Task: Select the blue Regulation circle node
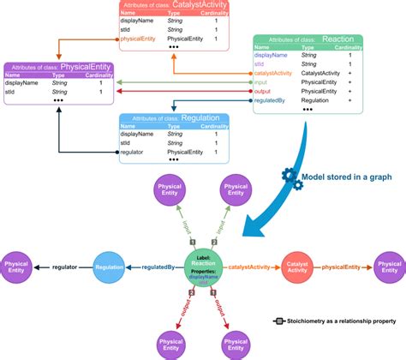point(110,268)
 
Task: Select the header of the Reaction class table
point(308,41)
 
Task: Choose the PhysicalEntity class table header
point(59,67)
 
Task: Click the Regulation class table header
point(172,118)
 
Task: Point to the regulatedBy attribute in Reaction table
point(273,100)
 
